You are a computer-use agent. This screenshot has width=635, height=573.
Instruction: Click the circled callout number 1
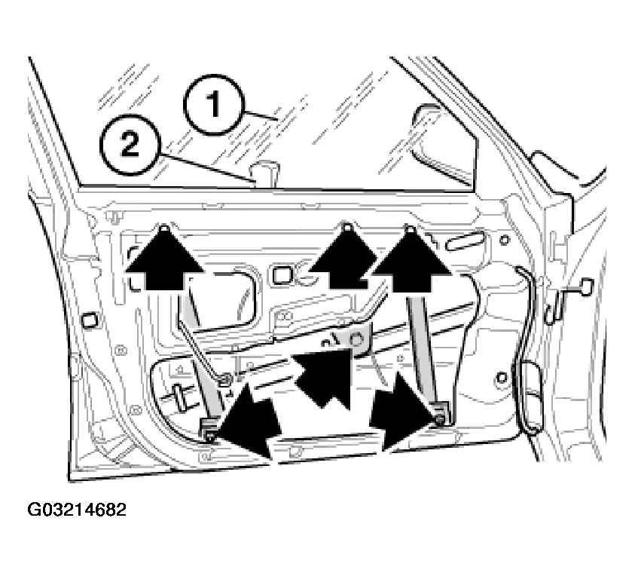[213, 104]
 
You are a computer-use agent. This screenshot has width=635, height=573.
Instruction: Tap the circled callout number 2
[130, 145]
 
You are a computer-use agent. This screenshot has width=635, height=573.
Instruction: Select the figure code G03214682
[77, 510]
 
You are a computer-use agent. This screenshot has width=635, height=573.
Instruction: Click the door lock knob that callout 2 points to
[264, 173]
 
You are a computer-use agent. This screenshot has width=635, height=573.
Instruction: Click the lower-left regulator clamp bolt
[209, 436]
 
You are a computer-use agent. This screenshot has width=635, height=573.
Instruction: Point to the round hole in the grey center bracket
[356, 339]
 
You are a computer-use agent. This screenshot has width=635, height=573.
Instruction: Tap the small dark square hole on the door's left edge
[89, 320]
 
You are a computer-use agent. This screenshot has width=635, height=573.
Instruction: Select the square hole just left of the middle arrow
[281, 275]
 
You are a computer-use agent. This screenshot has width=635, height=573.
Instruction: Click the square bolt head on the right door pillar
[587, 286]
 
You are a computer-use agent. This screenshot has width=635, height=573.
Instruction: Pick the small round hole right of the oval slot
[504, 240]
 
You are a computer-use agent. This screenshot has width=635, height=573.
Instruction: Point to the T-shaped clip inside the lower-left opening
[178, 396]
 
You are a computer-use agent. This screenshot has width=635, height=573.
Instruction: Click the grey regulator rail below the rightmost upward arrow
[422, 348]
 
